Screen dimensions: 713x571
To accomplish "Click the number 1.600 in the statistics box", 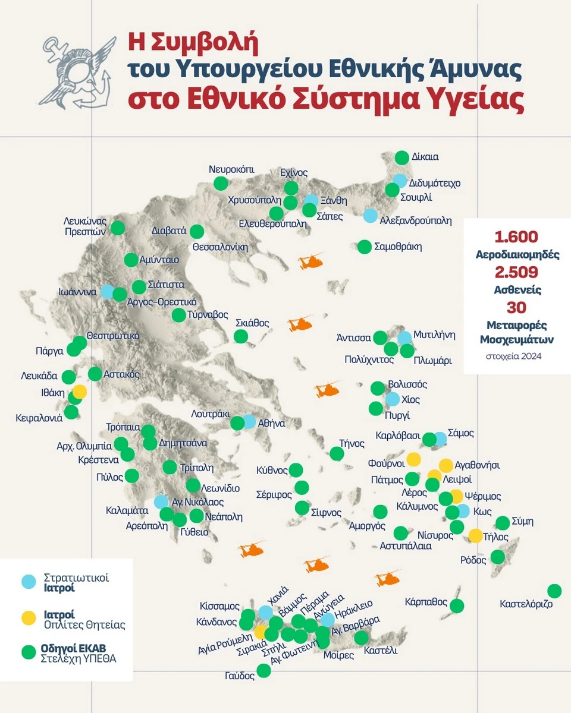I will pos(516,236).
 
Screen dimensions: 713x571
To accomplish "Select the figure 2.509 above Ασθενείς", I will pos(516,272).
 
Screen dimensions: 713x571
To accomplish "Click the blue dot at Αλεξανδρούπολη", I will pos(371,216).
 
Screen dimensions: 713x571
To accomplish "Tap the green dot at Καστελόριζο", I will pos(554,591).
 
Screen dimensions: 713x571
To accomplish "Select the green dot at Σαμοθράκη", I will pos(364,247).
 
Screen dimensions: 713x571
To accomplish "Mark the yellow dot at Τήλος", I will pos(476,535).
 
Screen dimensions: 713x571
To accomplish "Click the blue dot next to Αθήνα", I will pos(249,422).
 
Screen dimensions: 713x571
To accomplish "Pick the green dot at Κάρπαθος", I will pos(457,606).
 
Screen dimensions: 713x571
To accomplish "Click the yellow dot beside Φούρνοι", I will pos(413,459).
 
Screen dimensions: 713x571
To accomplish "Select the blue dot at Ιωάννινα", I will pos(107,292).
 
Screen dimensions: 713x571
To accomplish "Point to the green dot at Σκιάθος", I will pos(241,336).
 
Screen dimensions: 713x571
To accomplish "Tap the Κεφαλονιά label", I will pos(39,418).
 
